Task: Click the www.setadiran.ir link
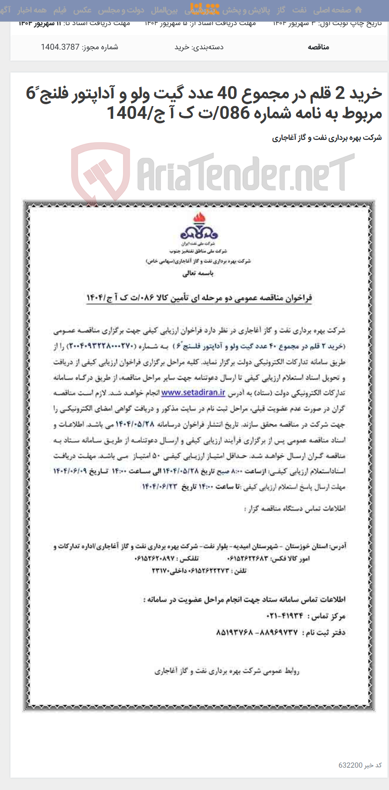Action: pyautogui.click(x=193, y=393)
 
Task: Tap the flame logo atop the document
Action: pyautogui.click(x=199, y=227)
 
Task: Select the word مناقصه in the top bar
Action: pyautogui.click(x=318, y=47)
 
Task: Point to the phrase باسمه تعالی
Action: pyautogui.click(x=198, y=273)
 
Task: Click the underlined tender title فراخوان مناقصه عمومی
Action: pyautogui.click(x=199, y=297)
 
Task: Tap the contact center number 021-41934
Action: pyautogui.click(x=285, y=616)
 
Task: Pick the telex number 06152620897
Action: pyautogui.click(x=155, y=559)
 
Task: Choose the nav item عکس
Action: pyautogui.click(x=82, y=10)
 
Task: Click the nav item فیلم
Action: pyautogui.click(x=60, y=10)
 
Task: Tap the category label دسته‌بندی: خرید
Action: pyautogui.click(x=199, y=47)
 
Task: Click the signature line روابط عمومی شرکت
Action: pyautogui.click(x=226, y=671)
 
